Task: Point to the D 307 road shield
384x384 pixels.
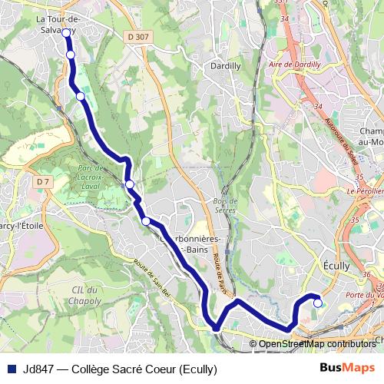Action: coord(139,36)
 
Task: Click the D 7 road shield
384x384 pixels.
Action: coord(42,181)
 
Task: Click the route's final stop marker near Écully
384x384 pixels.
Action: coord(318,303)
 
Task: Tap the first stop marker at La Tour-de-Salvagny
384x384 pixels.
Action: coord(66,32)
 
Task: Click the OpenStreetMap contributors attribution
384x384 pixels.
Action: coord(316,344)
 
